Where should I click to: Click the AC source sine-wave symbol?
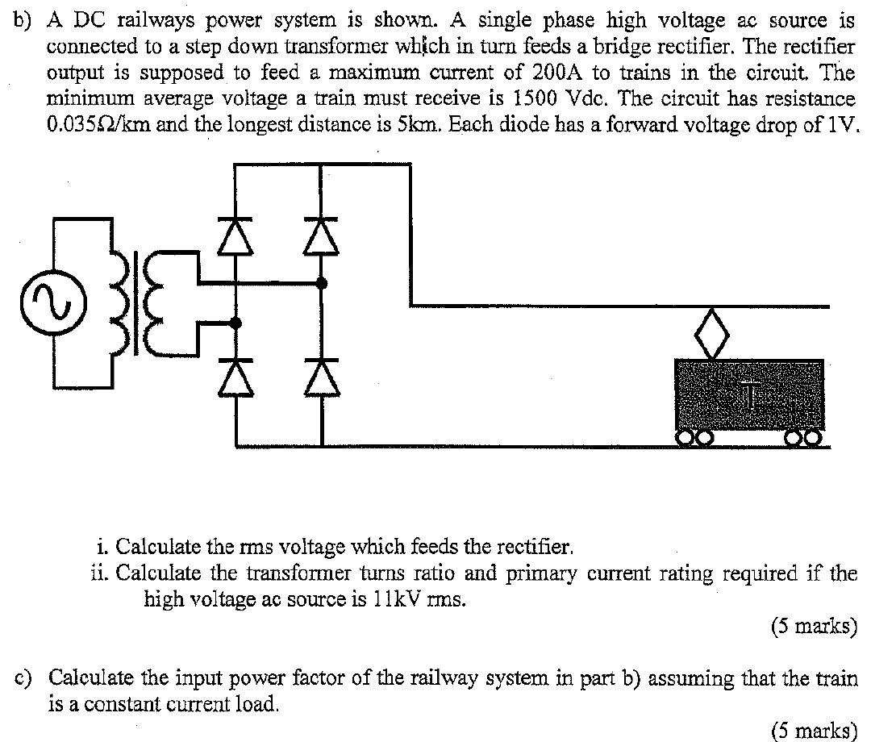pyautogui.click(x=41, y=307)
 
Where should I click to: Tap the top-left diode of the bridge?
pyautogui.click(x=235, y=237)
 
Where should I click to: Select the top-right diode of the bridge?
pyautogui.click(x=322, y=237)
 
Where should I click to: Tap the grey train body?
pyautogui.click(x=749, y=394)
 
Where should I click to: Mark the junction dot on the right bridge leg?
pyautogui.click(x=322, y=283)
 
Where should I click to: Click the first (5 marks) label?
pyautogui.click(x=814, y=626)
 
